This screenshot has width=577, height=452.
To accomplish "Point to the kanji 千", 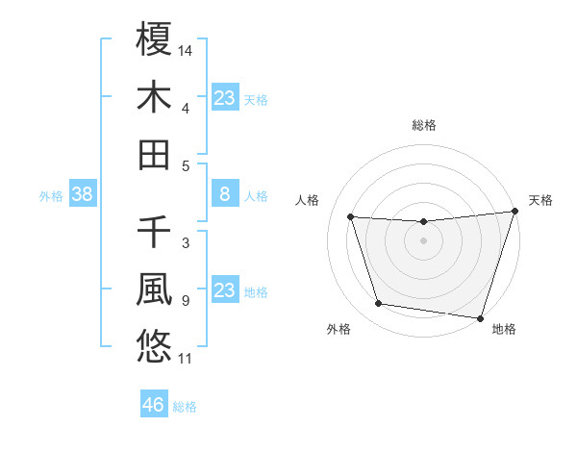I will coord(154,231).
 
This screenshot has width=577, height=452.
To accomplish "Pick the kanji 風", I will coord(154,288).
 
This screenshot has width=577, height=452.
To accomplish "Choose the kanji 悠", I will coord(154,344).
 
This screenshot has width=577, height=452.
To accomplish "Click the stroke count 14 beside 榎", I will coord(187,49).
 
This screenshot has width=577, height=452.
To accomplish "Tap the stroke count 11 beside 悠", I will coord(186,360).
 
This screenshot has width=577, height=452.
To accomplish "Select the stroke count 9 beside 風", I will coord(185,301).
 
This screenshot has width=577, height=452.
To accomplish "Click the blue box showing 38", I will coord(82,195).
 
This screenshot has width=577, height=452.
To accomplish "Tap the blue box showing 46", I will coord(154,405).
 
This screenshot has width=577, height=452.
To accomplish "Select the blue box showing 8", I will coord(224,195).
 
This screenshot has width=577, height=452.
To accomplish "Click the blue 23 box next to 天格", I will coord(224,97).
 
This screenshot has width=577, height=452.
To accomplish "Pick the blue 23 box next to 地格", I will coord(224,290).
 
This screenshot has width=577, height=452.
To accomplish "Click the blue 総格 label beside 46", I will coord(185,407).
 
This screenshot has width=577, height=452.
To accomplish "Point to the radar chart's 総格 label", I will coord(423,125).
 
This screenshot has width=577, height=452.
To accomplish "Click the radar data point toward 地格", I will coord(480,316).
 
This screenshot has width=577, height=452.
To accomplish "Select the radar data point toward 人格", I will coord(351,217).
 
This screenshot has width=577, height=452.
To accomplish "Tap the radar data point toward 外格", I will coord(379,304).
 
